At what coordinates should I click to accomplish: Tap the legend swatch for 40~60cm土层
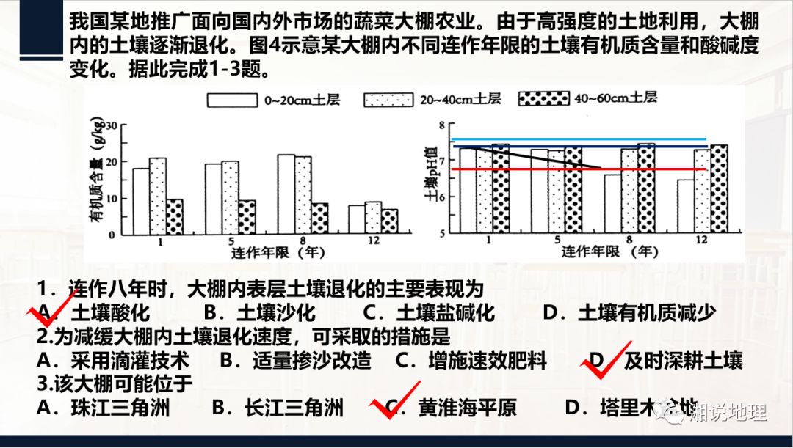point(543,99)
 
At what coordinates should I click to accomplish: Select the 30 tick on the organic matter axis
point(109,125)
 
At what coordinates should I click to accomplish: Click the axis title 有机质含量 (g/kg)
point(97,180)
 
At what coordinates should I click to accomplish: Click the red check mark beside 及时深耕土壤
point(606,360)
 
